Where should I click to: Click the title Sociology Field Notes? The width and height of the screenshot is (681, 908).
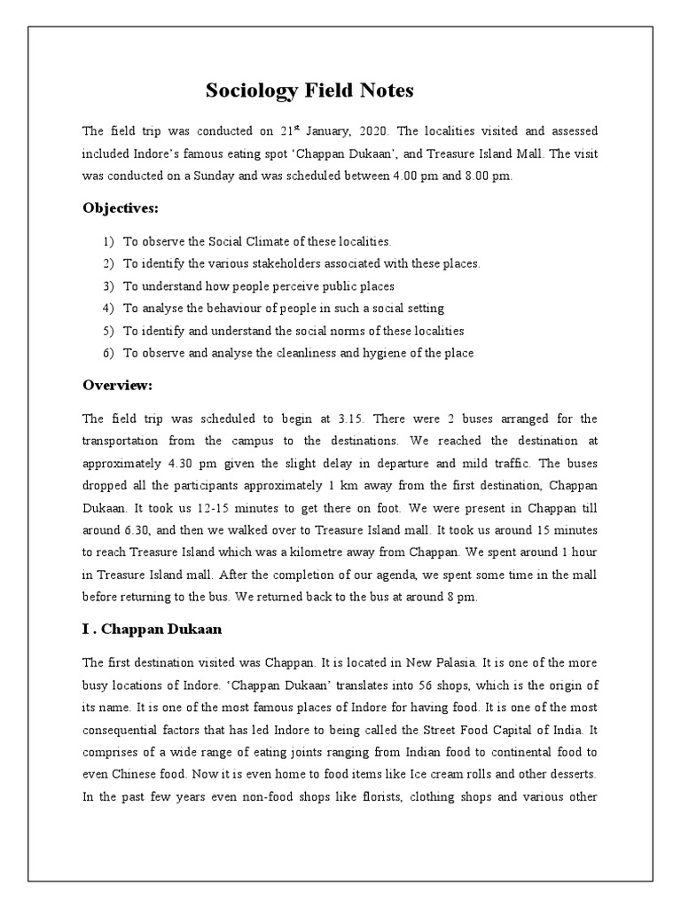coord(309,90)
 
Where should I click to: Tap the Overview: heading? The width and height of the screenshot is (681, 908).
coord(118,385)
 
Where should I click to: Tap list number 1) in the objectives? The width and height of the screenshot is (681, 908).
coord(108,241)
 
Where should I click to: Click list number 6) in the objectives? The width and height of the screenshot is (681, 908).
coord(108,353)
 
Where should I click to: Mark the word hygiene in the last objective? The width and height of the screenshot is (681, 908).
coord(383,353)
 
